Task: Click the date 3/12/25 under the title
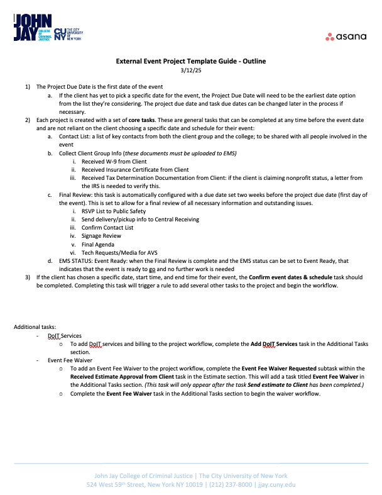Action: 190,70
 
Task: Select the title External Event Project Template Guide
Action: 190,61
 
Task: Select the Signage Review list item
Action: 102,236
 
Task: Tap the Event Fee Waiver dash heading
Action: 70,360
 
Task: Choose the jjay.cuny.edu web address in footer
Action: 274,485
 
